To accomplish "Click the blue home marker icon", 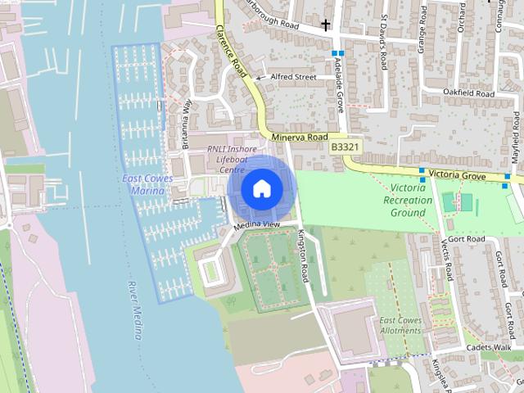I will point(261,188).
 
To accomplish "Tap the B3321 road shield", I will point(345,147).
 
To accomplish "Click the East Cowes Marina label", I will point(142,184).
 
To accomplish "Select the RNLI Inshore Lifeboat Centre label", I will point(232,159).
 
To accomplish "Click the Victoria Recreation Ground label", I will point(409,200).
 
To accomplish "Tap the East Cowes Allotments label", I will point(400,325).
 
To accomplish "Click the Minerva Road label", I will point(300,137).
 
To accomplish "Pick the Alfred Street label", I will point(294,77).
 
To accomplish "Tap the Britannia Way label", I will point(186,124).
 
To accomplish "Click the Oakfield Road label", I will point(470,93).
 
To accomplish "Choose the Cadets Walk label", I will point(489,347).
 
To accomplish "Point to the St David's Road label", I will point(382,38).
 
